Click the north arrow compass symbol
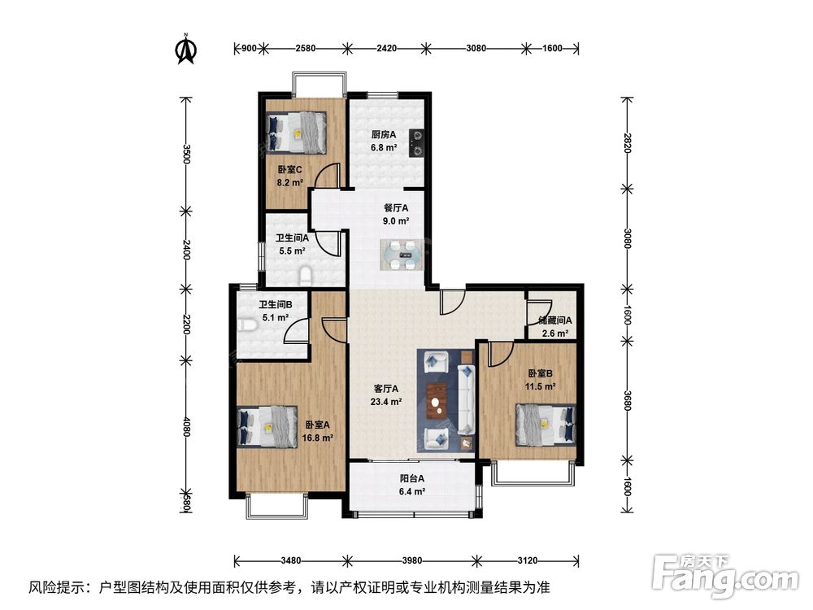coord(186,49)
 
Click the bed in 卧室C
coord(297,133)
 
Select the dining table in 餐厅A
coord(402,254)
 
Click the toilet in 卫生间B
coord(250,325)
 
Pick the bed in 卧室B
coord(546,425)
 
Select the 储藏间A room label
coord(554,320)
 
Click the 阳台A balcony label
coord(411,478)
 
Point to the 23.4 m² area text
coord(386,402)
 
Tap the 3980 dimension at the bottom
coord(411,560)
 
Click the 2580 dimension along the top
coord(306,48)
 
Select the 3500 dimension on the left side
coord(187,154)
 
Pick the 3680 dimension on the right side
coord(627,400)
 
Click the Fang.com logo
coord(725,574)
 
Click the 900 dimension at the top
coord(249,48)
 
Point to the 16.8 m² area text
coord(317,438)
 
